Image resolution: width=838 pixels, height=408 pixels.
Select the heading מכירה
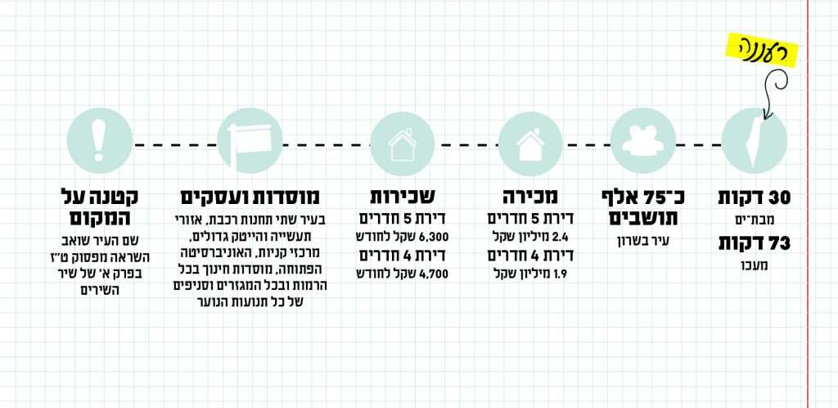(529, 197)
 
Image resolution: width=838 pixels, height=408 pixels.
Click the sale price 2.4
(561, 238)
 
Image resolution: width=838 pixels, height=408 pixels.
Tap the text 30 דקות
(755, 197)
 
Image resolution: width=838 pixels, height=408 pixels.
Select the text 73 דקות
(755, 243)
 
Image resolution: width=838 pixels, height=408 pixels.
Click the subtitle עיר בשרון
(642, 242)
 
